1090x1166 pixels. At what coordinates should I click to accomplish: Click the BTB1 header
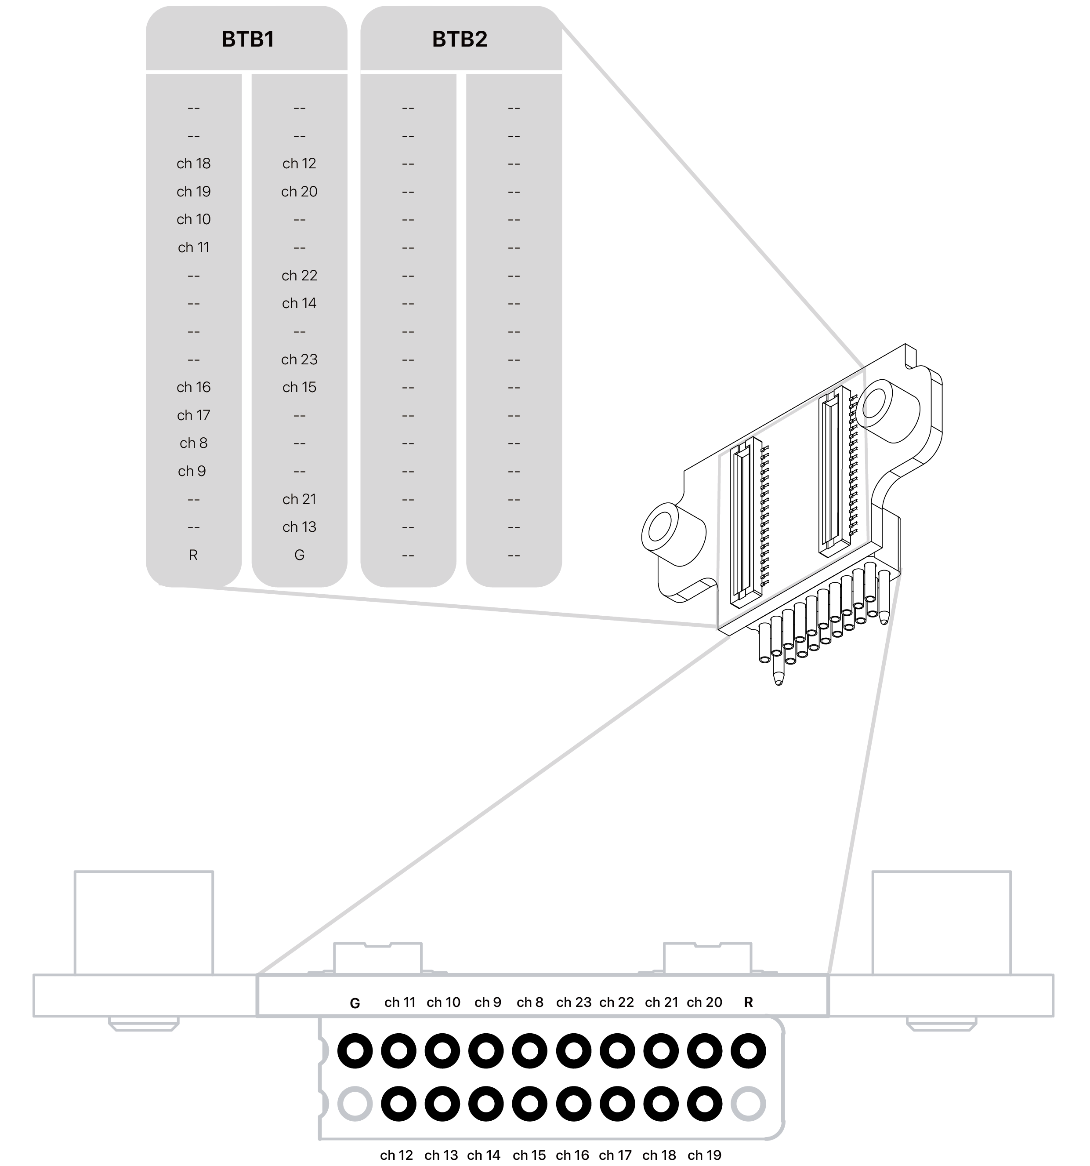tap(247, 39)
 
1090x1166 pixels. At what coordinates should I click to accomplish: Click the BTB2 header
tap(460, 39)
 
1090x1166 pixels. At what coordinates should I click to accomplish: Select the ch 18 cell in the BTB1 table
tap(193, 163)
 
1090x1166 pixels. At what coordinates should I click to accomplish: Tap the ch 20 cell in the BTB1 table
tap(299, 192)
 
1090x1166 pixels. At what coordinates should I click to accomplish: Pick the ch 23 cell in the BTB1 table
tap(299, 360)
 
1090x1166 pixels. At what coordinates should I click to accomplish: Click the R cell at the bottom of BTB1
tap(193, 555)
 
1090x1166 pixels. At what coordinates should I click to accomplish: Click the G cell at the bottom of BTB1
tap(299, 555)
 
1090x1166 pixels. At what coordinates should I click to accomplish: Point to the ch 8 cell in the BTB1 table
tap(193, 443)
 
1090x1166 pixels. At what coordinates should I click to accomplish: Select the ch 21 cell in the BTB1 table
tap(299, 499)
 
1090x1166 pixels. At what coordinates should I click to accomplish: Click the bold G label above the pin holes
tap(355, 1003)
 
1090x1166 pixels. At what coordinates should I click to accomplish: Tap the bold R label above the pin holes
tap(748, 1003)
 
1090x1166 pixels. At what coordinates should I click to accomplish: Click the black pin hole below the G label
tap(355, 1050)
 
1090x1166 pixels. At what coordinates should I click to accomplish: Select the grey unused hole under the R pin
tap(748, 1104)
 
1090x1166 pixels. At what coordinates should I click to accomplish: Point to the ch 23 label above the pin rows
tap(573, 1003)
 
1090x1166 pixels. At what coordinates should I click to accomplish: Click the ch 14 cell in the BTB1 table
tap(299, 303)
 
